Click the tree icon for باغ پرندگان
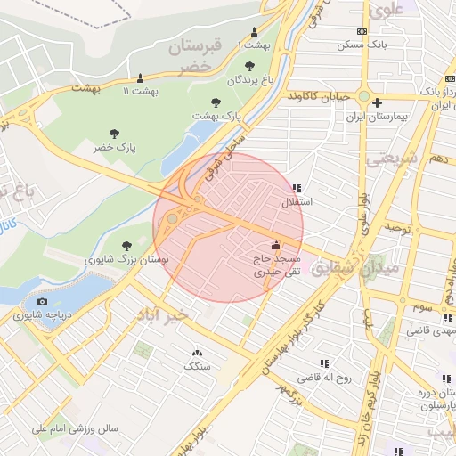[x=248, y=65]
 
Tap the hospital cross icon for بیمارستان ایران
[x=378, y=102]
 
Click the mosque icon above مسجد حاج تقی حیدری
[x=275, y=246]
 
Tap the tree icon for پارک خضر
[x=115, y=133]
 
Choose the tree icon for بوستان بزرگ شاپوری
[x=126, y=244]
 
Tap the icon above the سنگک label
[x=197, y=353]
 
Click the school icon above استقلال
[x=297, y=189]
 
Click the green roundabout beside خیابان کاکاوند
[x=364, y=96]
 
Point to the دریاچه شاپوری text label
[x=38, y=315]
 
